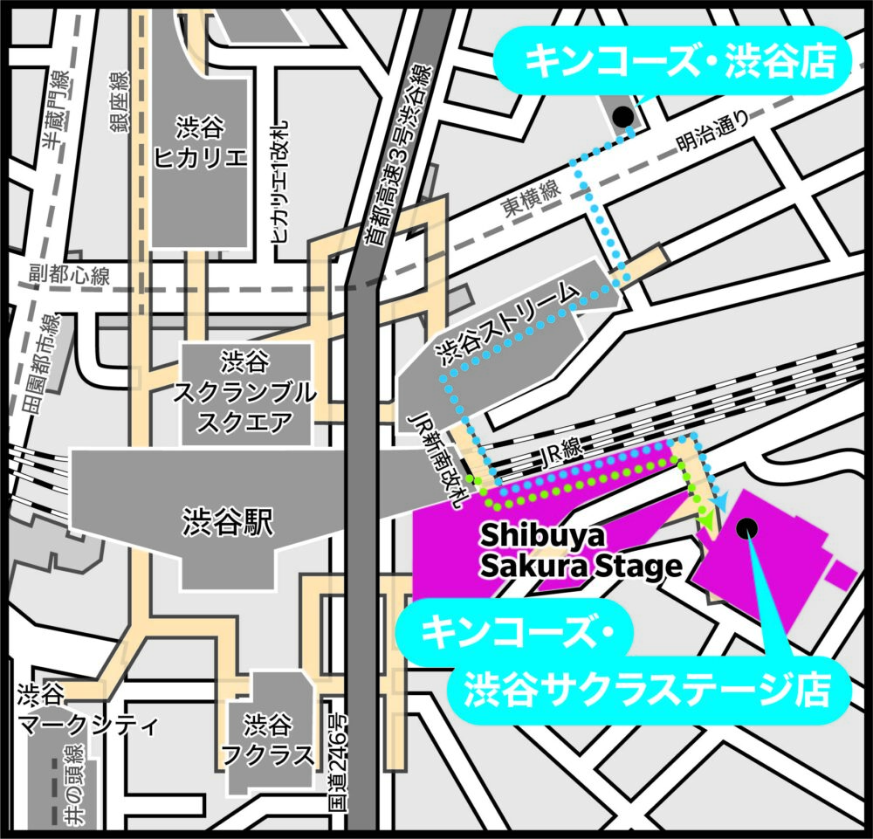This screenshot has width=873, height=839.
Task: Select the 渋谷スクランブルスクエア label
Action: pos(244,393)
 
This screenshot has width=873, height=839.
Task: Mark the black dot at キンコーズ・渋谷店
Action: pos(622,116)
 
